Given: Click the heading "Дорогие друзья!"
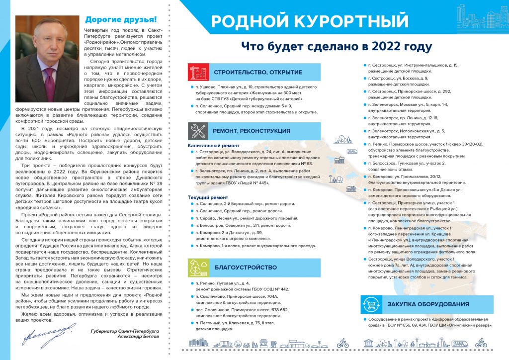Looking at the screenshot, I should pyautogui.click(x=121, y=20).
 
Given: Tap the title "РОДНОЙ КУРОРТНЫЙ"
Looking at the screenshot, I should pyautogui.click(x=309, y=21).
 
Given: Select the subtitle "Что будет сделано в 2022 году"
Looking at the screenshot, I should pyautogui.click(x=337, y=47).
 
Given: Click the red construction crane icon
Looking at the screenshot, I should pyautogui.click(x=198, y=72).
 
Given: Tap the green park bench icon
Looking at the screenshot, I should pyautogui.click(x=198, y=268).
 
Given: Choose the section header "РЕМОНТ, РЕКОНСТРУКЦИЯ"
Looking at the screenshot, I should pyautogui.click(x=252, y=131).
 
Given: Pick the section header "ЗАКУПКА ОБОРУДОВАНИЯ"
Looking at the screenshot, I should pyautogui.click(x=428, y=304).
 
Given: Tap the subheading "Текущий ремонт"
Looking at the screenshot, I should pyautogui.click(x=208, y=197).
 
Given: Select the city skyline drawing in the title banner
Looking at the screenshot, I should pyautogui.click(x=481, y=17).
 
